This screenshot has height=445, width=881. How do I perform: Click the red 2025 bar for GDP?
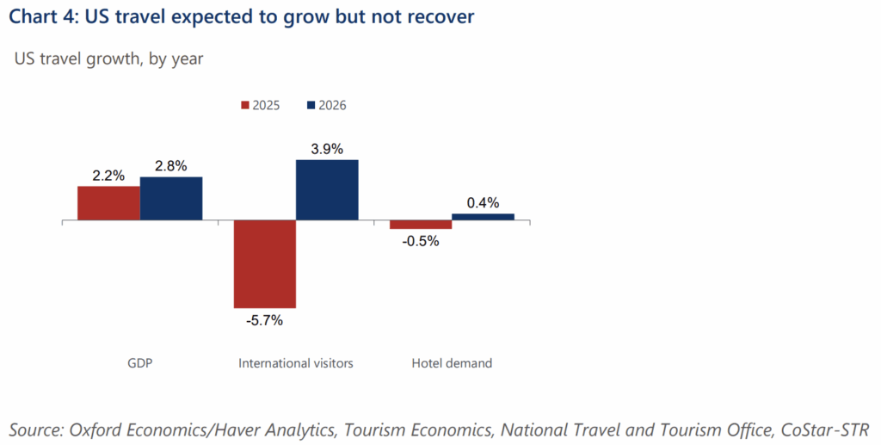pos(108,203)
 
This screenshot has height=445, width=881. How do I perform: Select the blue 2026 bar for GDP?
pos(171,199)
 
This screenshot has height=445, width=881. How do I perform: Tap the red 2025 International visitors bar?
pos(265,264)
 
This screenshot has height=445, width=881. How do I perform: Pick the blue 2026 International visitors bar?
pos(327,190)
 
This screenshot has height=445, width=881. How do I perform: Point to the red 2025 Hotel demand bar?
pos(421,225)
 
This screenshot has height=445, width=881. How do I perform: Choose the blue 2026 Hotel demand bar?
pos(483,217)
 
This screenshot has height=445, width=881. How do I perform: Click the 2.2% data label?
pos(108,176)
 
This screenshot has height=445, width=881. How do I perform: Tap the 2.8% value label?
pos(171,166)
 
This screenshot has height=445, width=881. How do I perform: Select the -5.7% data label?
pos(264,320)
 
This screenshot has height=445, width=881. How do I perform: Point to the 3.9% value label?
pos(327,149)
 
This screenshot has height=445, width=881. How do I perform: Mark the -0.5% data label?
pos(421,241)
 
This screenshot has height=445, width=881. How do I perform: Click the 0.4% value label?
pos(483,203)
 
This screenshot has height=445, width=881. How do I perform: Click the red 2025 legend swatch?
pos(243,105)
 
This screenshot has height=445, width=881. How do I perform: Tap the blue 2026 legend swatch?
pos(311,105)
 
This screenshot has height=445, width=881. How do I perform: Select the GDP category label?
pos(140,363)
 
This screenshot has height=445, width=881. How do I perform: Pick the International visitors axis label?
pos(296,363)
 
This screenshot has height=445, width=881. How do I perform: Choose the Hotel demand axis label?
pos(452,363)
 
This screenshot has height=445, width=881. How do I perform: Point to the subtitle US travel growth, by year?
pos(108,59)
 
